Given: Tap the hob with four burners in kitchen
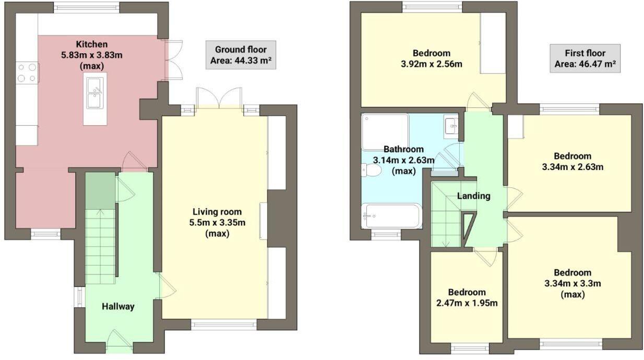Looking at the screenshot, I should [27, 72].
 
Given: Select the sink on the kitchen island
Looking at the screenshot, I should [94, 92].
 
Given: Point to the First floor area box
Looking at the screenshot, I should [585, 58].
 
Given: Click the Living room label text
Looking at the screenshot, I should [217, 212].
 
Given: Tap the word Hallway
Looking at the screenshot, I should [118, 306].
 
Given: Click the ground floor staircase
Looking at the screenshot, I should [100, 245].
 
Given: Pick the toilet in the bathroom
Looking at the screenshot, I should [372, 170].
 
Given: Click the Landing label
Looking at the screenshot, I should [473, 196].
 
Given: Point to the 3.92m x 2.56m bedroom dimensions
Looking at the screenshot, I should [431, 64].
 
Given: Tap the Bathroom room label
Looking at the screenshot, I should [403, 149].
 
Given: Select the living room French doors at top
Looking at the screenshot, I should [219, 99].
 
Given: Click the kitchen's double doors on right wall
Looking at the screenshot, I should [173, 59].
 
